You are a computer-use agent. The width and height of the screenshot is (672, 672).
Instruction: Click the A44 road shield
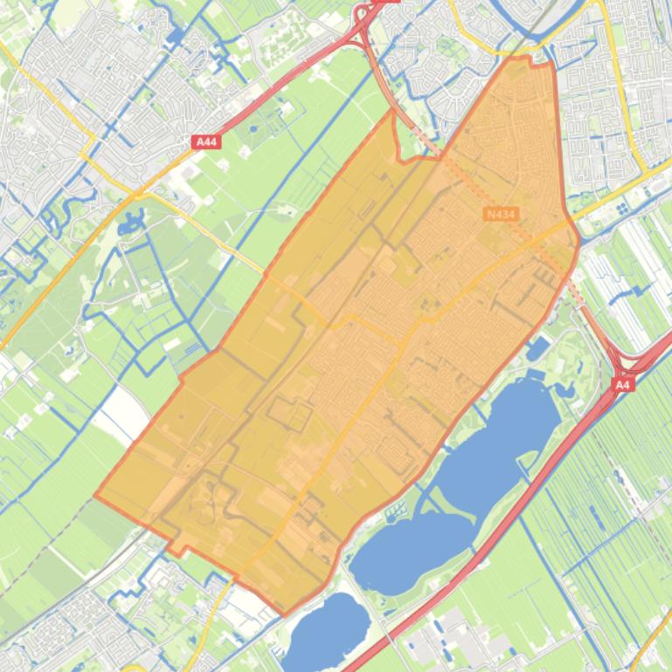(x=206, y=141)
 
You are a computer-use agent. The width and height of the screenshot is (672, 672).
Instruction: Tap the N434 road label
(x=499, y=213)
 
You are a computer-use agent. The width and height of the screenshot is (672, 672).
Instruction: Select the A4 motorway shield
(x=621, y=384)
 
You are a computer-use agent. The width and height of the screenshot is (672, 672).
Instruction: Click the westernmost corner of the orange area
(x=95, y=498)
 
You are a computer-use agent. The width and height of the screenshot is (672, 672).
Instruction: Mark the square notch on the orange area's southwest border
(x=177, y=547)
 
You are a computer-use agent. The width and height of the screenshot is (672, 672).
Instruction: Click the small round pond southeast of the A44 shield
(x=253, y=128)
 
